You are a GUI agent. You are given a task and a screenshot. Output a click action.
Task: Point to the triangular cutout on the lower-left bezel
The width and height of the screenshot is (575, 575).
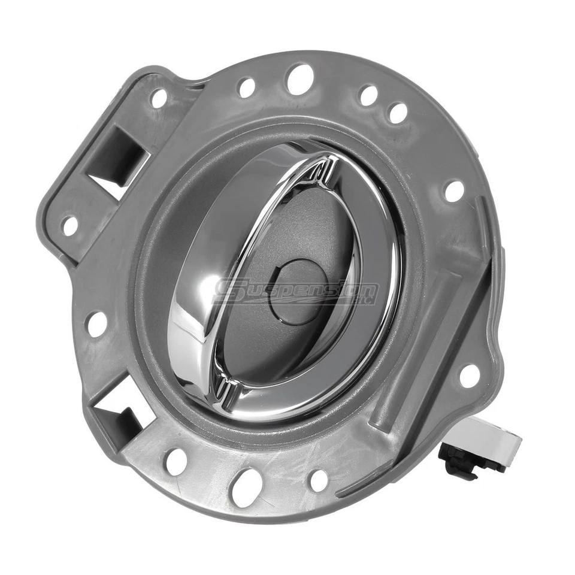tap(119, 413)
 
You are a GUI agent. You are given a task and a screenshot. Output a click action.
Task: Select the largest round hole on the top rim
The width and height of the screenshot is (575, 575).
tap(300, 79)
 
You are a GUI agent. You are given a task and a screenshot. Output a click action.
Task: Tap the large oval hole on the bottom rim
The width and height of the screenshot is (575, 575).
tap(246, 487)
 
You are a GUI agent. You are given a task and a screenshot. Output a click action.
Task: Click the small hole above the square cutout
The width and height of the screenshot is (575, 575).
tap(159, 98)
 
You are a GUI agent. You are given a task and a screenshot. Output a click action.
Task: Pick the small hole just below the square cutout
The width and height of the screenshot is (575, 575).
tap(71, 226)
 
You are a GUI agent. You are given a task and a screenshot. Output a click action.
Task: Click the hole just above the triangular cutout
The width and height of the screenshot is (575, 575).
tap(96, 324)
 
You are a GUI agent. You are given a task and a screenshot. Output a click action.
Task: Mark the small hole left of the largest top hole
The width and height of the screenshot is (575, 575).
tap(246, 87)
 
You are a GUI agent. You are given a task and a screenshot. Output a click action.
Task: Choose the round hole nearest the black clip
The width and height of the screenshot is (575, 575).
tap(470, 376)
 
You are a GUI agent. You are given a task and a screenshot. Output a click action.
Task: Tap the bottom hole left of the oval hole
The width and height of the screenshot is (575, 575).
tap(176, 462)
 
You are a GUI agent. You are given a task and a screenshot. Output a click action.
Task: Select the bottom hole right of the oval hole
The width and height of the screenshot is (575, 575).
tap(319, 480)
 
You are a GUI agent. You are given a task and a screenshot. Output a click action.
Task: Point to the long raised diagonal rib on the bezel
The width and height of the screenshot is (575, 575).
tap(413, 347)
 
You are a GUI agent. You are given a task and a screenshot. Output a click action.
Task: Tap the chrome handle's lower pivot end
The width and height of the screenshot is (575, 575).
tap(225, 389)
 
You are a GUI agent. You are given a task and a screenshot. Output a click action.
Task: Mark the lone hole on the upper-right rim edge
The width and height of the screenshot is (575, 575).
tap(454, 191)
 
